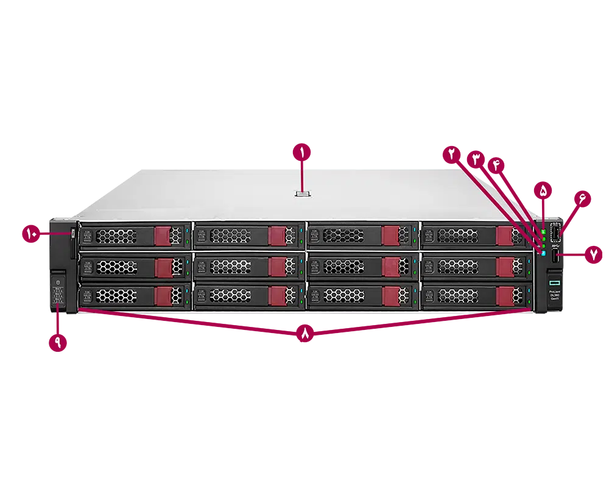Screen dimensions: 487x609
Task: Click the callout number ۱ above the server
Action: click(x=302, y=152)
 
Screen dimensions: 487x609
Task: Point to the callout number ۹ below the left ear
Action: click(x=58, y=342)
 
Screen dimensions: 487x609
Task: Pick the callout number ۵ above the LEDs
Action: click(x=543, y=191)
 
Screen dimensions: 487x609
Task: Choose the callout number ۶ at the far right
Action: click(x=582, y=199)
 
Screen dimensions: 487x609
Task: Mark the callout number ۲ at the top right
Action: click(x=452, y=153)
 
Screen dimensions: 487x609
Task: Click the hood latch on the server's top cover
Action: click(x=303, y=194)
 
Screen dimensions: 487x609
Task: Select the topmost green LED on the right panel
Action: click(x=541, y=231)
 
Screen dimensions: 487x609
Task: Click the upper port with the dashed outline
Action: click(x=555, y=233)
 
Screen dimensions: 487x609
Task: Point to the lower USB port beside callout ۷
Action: click(x=555, y=256)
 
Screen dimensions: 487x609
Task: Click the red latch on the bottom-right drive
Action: click(x=504, y=296)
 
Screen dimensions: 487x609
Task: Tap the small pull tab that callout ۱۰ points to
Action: click(x=72, y=234)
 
